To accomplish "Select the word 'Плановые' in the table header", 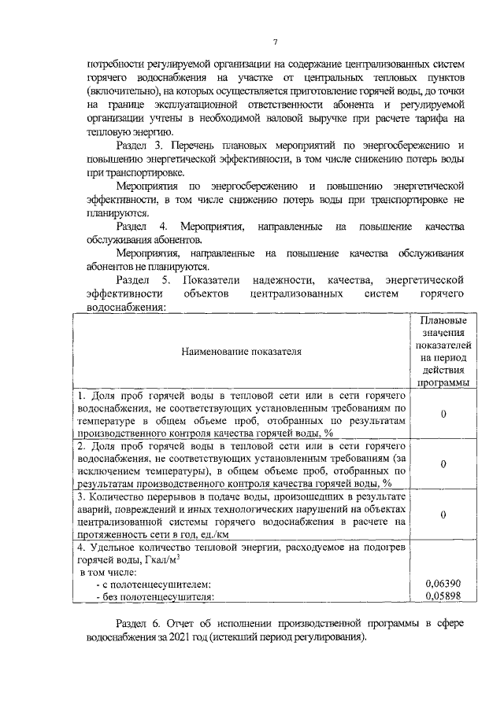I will pyautogui.click(x=443, y=321).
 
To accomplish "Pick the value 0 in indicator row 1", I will pyautogui.click(x=443, y=414).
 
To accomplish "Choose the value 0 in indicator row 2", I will pyautogui.click(x=443, y=465).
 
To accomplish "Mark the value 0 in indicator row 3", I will pyautogui.click(x=443, y=515).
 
